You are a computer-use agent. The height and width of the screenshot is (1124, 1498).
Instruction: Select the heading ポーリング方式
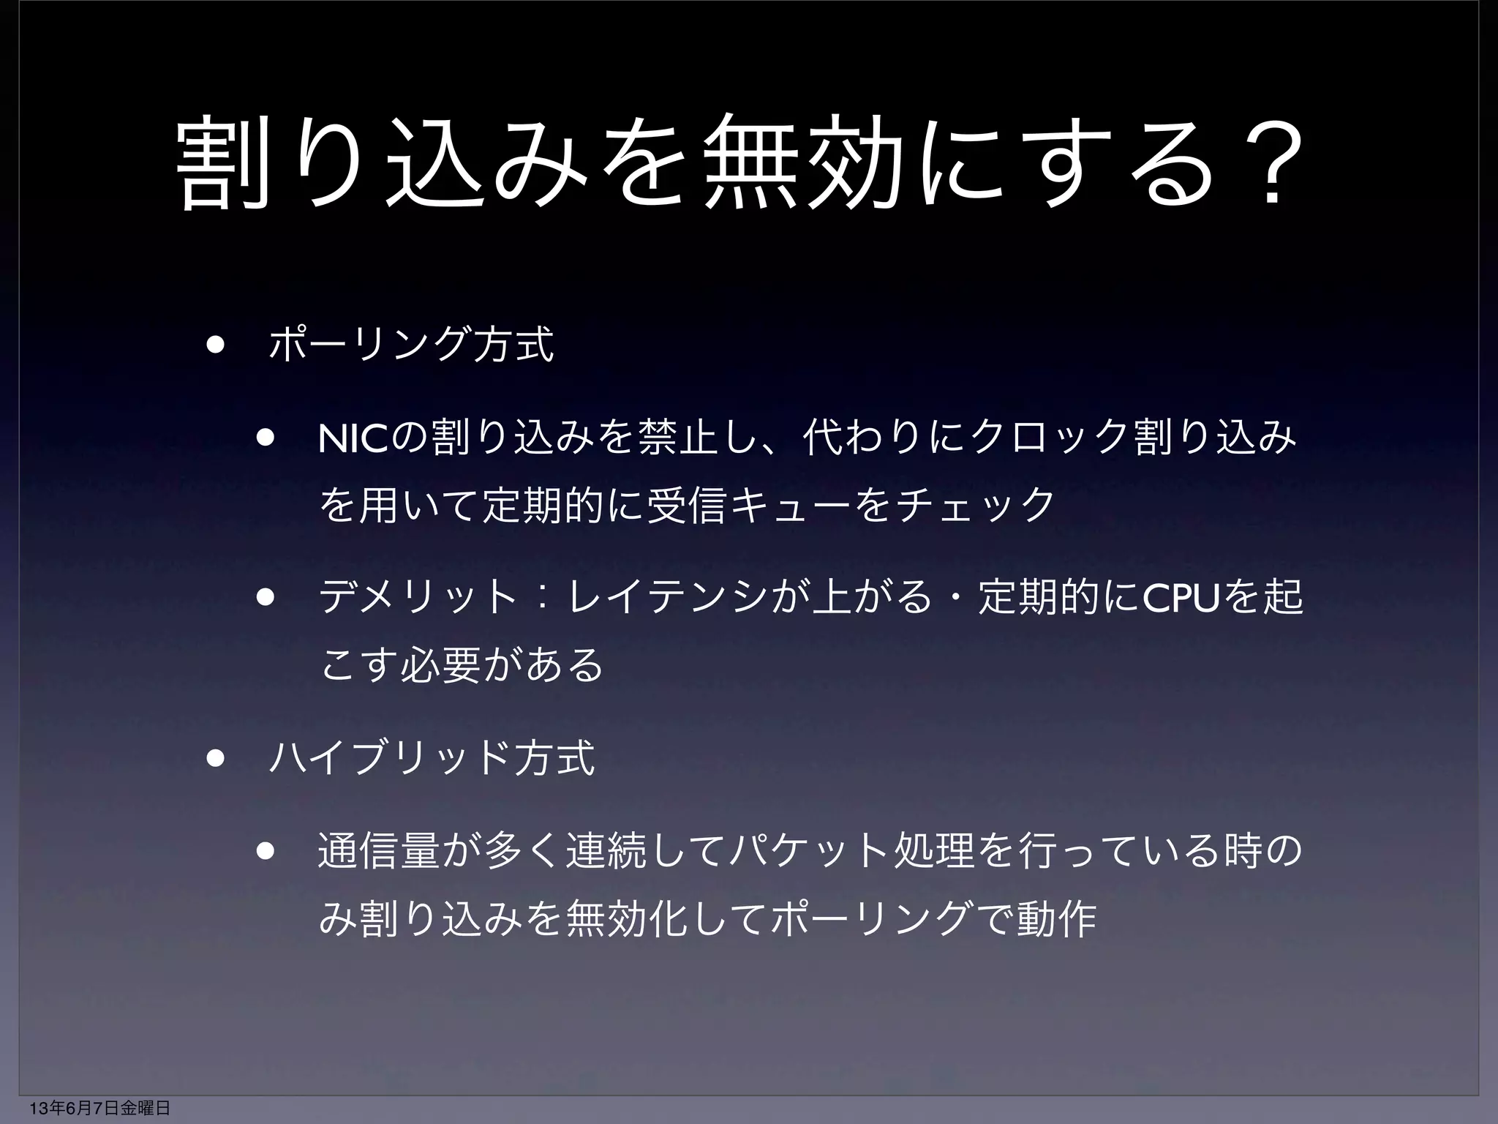tap(412, 345)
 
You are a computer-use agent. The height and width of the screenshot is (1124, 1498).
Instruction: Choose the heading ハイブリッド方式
tap(432, 759)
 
